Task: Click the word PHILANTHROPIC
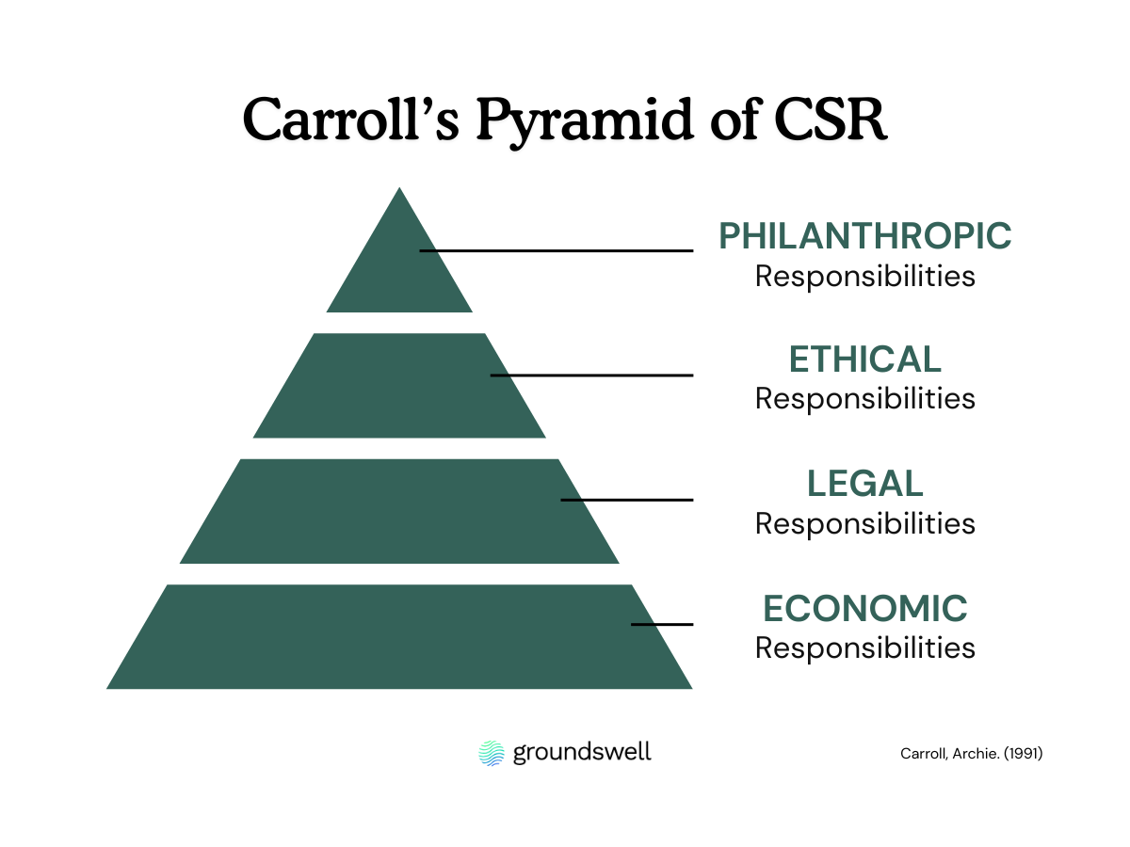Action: (865, 235)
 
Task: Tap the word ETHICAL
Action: (865, 360)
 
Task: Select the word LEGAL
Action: (865, 484)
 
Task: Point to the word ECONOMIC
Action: (865, 609)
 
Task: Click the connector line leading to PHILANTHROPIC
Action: (565, 250)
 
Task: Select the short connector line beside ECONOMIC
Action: (662, 624)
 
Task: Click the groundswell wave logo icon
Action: (492, 753)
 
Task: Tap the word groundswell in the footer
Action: (582, 753)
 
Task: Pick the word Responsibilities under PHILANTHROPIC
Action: (865, 277)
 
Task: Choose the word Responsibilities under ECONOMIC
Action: (865, 648)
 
